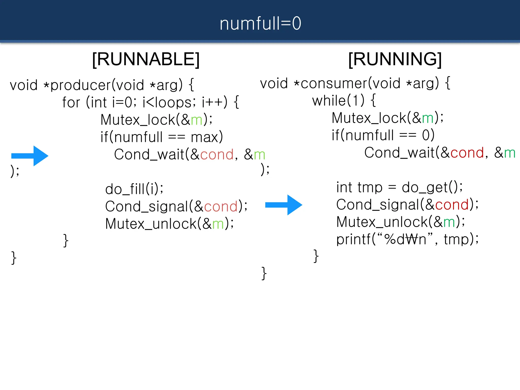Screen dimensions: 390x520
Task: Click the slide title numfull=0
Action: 260,23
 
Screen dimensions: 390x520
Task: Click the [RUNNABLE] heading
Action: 146,59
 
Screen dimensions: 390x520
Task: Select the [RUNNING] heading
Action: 395,59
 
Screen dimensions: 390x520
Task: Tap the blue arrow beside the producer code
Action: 30,156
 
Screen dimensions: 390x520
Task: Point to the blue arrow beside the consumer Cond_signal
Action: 284,205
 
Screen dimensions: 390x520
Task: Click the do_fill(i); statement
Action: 134,189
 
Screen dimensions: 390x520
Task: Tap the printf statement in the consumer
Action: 407,239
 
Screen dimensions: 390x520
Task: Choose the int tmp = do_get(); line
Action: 399,188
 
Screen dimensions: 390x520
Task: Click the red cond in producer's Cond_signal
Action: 221,207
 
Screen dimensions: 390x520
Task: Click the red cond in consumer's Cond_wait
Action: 467,153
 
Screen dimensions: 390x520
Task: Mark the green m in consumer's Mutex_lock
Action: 428,119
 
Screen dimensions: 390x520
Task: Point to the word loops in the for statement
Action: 173,103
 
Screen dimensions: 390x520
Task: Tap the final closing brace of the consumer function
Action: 264,273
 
